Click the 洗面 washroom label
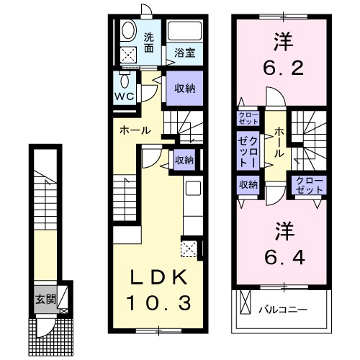coord(149,43)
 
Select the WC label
coord(123,95)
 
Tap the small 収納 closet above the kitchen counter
coord(184,160)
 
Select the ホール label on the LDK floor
coord(135,130)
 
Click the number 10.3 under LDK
coord(161,303)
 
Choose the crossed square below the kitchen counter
coord(190,249)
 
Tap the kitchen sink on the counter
coord(193,189)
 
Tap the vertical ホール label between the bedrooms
coord(278,143)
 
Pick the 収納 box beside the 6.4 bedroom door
coord(248,184)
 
